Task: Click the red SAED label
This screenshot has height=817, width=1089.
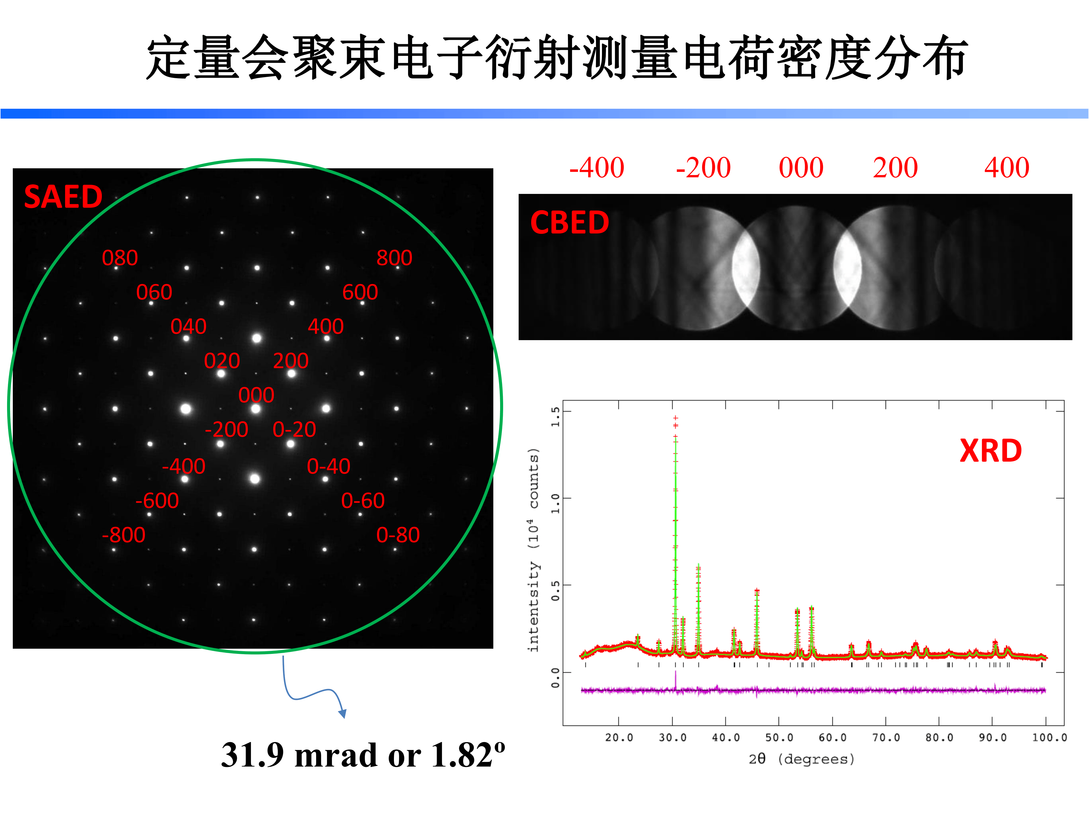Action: [x=63, y=197]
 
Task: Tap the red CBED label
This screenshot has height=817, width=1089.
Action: [x=570, y=222]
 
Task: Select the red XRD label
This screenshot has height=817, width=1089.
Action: [x=990, y=451]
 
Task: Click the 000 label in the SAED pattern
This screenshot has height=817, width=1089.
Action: [x=256, y=395]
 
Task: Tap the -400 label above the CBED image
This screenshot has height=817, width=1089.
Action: [x=597, y=168]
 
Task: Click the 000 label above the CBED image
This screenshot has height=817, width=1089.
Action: [x=801, y=168]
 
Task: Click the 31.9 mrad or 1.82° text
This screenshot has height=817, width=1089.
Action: [x=363, y=755]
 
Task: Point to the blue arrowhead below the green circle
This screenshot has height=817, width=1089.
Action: [x=343, y=714]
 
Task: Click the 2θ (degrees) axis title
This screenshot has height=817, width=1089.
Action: [x=802, y=759]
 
